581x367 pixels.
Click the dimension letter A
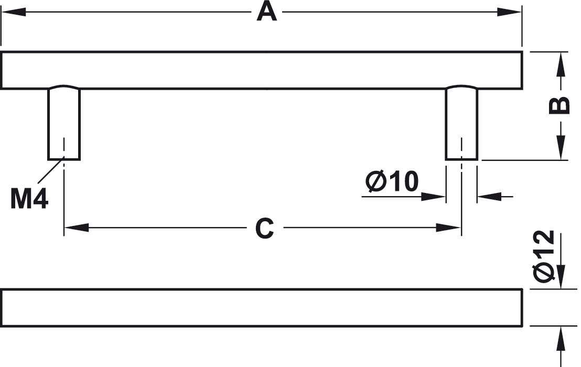pyautogui.click(x=267, y=12)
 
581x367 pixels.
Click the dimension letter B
pyautogui.click(x=559, y=105)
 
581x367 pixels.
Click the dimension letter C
pyautogui.click(x=265, y=228)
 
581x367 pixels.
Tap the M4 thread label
pyautogui.click(x=29, y=199)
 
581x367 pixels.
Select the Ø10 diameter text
pyautogui.click(x=392, y=181)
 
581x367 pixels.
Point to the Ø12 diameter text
pyautogui.click(x=544, y=255)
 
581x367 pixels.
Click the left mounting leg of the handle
pyautogui.click(x=64, y=123)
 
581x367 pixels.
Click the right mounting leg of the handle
pyautogui.click(x=461, y=123)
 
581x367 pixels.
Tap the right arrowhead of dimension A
pyautogui.click(x=510, y=12)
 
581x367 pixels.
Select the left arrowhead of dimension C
pyautogui.click(x=77, y=228)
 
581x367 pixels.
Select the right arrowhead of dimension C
pyautogui.click(x=448, y=228)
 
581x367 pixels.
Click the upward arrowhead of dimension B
pyautogui.click(x=562, y=64)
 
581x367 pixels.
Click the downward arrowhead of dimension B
pyautogui.click(x=562, y=148)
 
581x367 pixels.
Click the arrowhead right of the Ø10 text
pyautogui.click(x=433, y=197)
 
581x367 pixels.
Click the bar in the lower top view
pyautogui.click(x=262, y=308)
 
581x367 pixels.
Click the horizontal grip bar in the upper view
pyautogui.click(x=262, y=70)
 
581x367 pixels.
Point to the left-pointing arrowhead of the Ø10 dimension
pyautogui.click(x=489, y=197)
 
